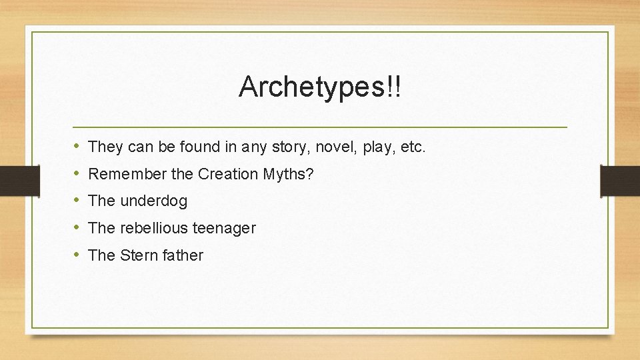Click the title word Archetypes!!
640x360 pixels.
[x=320, y=87]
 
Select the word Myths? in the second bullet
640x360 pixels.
[x=291, y=174]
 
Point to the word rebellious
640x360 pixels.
[x=154, y=228]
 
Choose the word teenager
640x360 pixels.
[x=224, y=228]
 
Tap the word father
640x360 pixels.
[x=182, y=255]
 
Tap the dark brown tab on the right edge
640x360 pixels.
[x=620, y=180]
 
